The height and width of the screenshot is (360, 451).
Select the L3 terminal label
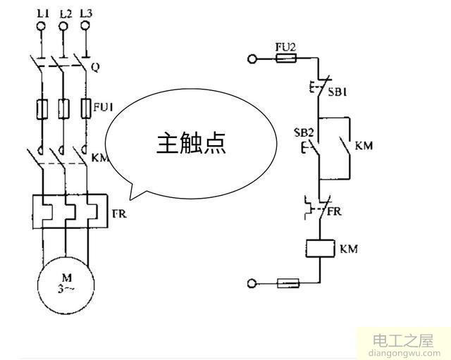click(x=86, y=13)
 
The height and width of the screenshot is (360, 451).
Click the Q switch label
click(x=96, y=68)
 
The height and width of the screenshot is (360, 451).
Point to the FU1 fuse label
click(x=103, y=108)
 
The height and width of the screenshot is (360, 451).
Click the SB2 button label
click(x=302, y=132)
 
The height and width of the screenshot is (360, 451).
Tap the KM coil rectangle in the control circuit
click(x=321, y=249)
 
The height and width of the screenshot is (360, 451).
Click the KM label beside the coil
click(x=350, y=249)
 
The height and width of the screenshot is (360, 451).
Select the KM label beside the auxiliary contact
click(x=364, y=146)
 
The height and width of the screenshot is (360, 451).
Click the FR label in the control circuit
click(x=336, y=211)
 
